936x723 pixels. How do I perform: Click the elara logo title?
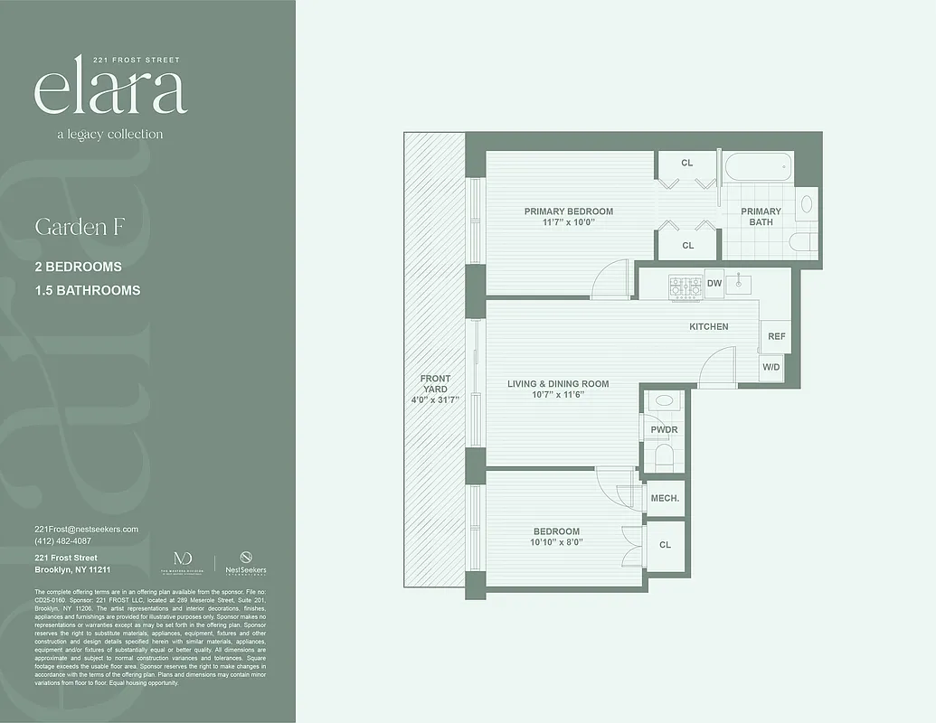[110, 90]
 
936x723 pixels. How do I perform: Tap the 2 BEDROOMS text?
[78, 268]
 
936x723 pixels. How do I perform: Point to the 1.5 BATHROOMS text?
[87, 291]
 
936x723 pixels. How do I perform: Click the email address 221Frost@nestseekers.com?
[86, 529]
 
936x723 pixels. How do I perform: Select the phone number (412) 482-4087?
[62, 540]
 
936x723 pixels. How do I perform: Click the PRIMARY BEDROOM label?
[568, 211]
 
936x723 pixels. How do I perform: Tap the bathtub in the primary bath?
[758, 169]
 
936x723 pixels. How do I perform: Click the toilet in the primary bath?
[802, 242]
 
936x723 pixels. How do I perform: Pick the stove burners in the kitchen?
[685, 287]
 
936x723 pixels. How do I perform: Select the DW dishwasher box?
[714, 284]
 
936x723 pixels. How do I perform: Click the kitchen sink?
[739, 283]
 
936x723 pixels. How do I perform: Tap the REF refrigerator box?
[776, 336]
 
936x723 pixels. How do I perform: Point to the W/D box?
[771, 367]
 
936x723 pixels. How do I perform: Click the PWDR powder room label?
[665, 429]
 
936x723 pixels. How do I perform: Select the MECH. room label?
[665, 498]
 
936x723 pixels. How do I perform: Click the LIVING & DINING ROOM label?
[558, 384]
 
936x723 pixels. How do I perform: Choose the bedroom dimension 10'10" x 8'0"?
[556, 543]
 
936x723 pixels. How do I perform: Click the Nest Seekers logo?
[246, 561]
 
